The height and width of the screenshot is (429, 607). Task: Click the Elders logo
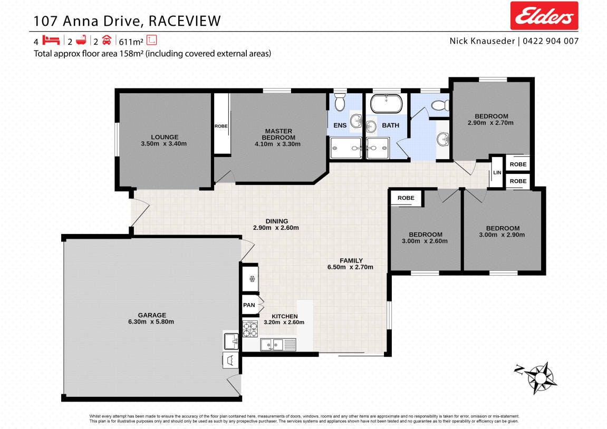tap(544, 15)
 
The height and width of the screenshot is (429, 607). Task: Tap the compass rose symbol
tap(539, 377)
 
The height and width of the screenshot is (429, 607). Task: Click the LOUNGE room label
tap(165, 137)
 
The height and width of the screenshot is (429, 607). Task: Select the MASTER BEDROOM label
tap(278, 134)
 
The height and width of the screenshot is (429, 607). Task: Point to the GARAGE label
tap(152, 315)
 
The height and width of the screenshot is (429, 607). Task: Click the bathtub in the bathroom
tap(387, 103)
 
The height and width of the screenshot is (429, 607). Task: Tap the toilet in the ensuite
tap(340, 102)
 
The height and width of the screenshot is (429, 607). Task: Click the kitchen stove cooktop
tap(250, 329)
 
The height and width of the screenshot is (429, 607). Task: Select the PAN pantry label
tap(249, 305)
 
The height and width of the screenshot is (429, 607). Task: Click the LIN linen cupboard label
tap(497, 172)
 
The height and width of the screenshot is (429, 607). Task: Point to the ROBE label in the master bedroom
tap(221, 126)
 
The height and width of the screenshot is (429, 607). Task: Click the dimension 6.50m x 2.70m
tap(350, 267)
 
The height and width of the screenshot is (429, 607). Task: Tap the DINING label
tap(276, 221)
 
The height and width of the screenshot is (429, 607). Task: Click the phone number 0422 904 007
tap(551, 41)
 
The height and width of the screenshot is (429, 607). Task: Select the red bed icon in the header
tap(51, 40)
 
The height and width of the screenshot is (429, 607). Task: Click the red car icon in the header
tap(107, 40)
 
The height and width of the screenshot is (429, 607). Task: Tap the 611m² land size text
tap(131, 42)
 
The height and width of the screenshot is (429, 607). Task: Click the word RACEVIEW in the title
tap(185, 21)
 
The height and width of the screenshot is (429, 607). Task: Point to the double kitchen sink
tap(272, 344)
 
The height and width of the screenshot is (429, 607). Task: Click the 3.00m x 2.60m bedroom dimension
tap(425, 241)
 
